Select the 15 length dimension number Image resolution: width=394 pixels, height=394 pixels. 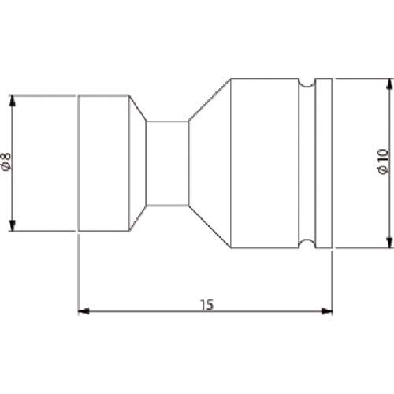coord(207,304)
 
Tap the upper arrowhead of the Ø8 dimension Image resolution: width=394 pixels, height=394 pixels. coord(12,101)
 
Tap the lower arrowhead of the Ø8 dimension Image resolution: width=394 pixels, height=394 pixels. coord(12,225)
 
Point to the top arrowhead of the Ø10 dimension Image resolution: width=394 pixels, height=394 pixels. coord(388,84)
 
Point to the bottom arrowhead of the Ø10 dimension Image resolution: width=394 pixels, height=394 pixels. coord(388,242)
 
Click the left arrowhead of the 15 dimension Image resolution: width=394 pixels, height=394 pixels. coord(84,311)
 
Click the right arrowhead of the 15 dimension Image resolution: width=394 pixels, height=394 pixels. coord(327,311)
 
